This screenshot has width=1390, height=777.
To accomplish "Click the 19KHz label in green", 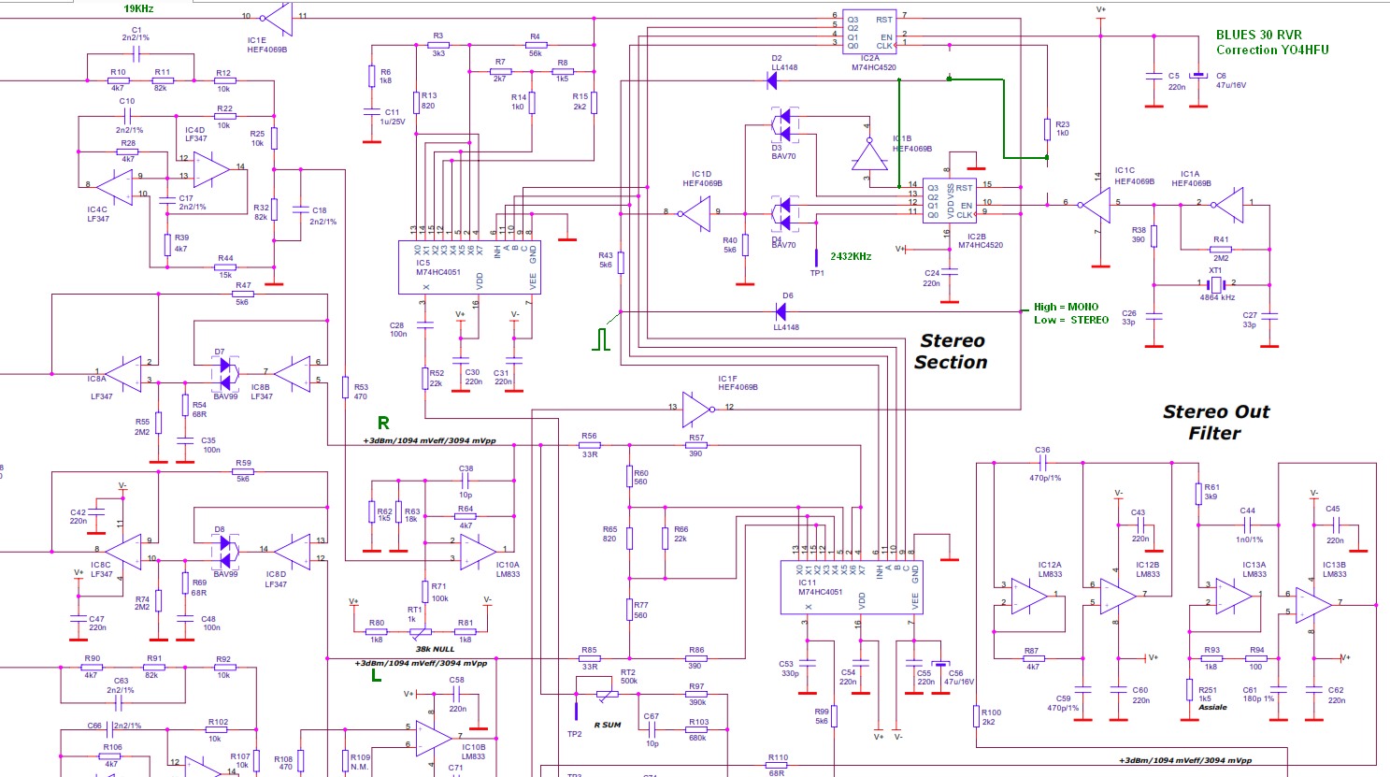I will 138,8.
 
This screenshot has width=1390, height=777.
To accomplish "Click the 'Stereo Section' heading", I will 952,352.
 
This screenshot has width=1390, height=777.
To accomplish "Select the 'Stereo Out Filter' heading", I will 1215,423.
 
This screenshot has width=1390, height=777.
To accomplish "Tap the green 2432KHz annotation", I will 851,256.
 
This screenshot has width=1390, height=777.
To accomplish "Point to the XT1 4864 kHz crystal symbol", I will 1215,283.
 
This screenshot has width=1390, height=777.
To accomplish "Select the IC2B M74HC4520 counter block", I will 949,201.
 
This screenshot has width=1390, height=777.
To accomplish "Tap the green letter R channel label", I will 383,424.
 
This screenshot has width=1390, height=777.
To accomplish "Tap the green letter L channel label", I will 377,675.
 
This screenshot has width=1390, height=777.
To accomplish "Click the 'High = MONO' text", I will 1066,307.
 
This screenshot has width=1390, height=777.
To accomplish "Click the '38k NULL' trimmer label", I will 435,649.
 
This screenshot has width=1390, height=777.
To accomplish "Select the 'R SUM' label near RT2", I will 608,725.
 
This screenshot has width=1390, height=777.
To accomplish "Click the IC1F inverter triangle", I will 696,409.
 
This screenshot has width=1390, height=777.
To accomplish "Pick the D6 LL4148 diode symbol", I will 781,311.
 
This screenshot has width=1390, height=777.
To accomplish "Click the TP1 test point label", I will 817,273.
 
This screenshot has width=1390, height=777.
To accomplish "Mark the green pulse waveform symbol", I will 603,338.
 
